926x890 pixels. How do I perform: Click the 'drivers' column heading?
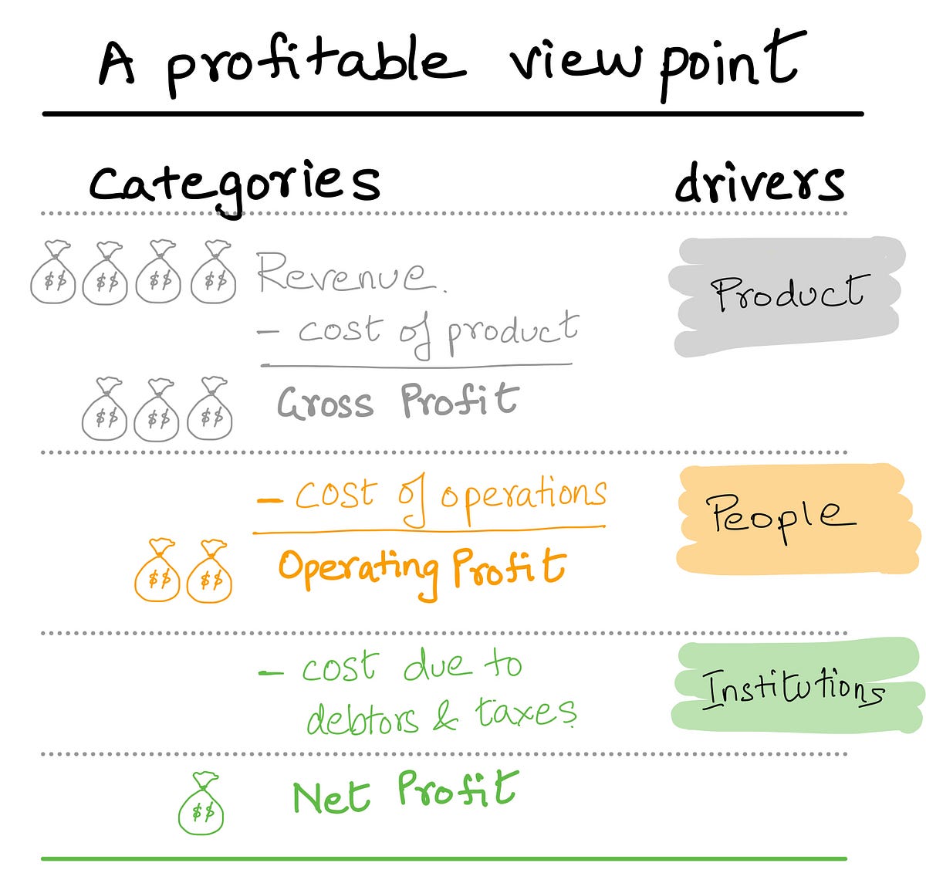[x=760, y=182]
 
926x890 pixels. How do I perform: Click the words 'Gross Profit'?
[x=398, y=402]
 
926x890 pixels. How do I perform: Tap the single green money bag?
[x=201, y=804]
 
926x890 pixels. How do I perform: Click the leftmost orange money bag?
[x=157, y=570]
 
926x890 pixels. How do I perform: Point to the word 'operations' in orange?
[x=524, y=499]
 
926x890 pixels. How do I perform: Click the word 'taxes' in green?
[x=526, y=711]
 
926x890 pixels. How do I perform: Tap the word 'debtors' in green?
[x=363, y=716]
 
